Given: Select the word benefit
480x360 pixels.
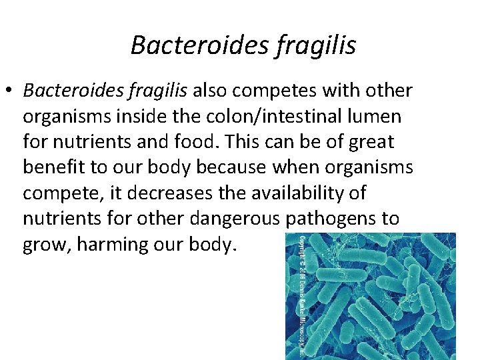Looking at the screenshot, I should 55,167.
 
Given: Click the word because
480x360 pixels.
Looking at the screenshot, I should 219,167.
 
